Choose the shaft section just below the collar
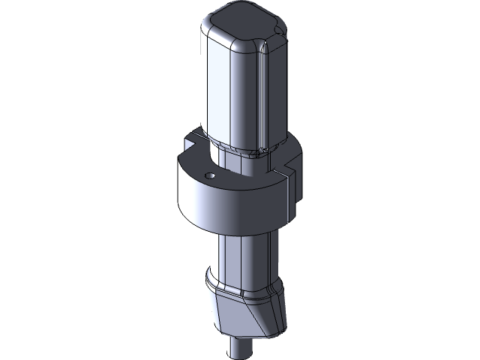(244, 255)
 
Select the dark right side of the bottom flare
(276, 311)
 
